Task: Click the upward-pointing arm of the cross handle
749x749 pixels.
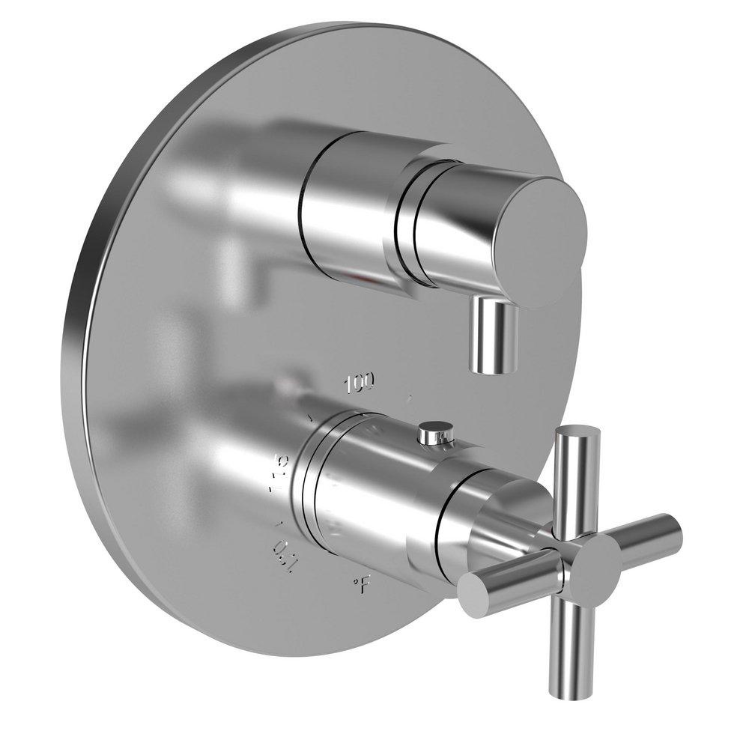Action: pyautogui.click(x=579, y=476)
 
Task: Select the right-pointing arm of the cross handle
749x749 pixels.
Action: pyautogui.click(x=644, y=533)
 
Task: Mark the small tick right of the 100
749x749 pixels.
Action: pyautogui.click(x=408, y=398)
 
